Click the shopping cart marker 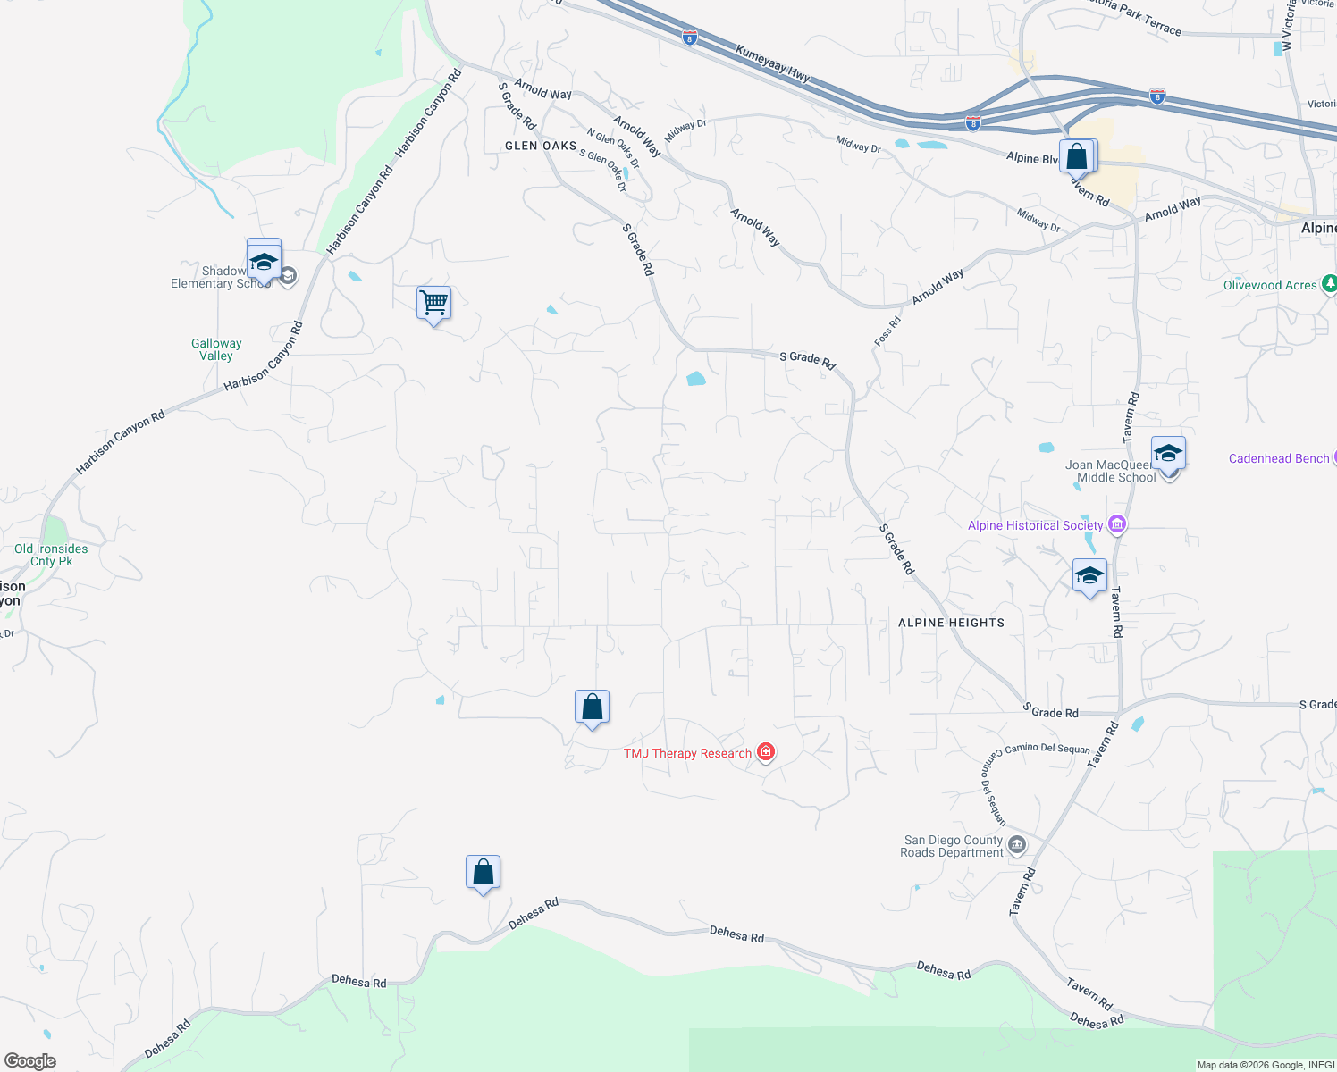433,303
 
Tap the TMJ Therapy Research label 687,753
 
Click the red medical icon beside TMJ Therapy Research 765,752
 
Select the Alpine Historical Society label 1035,525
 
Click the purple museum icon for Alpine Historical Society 1116,524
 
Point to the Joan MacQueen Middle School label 1111,471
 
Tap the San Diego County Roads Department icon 1016,844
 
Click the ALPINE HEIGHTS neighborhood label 951,623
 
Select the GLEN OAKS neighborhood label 541,146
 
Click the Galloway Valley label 216,349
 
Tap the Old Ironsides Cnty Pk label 51,555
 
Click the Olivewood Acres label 1270,285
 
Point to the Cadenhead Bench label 1279,458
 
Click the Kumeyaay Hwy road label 773,64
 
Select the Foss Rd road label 887,331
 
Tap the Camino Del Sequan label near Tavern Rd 1047,748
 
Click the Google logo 30,1060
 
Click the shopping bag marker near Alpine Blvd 1077,157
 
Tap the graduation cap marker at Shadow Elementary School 264,262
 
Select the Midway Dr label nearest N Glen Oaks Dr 685,130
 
